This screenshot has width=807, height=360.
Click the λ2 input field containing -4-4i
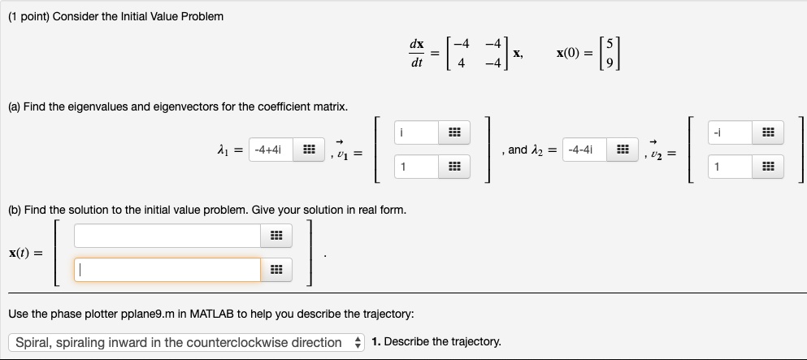[x=585, y=150]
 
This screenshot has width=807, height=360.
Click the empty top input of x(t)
[x=167, y=236]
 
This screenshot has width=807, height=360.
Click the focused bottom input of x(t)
[x=167, y=270]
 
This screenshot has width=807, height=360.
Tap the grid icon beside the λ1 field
[x=309, y=150]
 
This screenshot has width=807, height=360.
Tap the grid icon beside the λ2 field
[x=623, y=150]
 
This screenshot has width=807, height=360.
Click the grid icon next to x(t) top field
[x=276, y=236]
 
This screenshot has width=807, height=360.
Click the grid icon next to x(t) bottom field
[x=276, y=270]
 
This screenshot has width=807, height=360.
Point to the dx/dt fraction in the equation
[x=416, y=53]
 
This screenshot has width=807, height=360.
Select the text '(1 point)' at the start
[x=31, y=16]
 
